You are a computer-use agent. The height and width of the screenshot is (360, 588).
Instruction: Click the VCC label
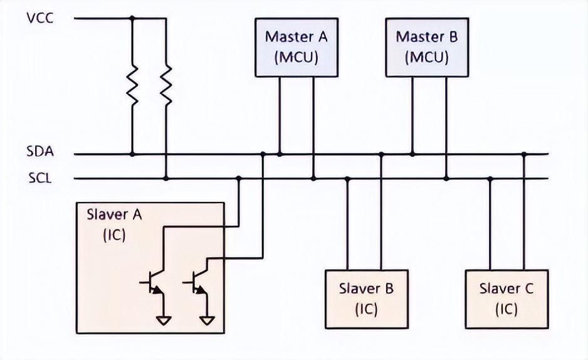[x=40, y=18]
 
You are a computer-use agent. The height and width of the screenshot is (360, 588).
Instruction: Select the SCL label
[x=39, y=178]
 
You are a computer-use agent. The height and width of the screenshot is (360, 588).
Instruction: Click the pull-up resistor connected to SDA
[x=132, y=88]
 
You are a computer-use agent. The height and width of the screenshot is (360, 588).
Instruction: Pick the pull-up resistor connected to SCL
[x=166, y=88]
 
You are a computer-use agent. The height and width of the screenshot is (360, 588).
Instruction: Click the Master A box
[x=296, y=46]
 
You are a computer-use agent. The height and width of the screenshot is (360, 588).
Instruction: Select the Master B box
[x=427, y=46]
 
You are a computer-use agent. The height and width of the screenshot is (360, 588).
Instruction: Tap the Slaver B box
[x=366, y=299]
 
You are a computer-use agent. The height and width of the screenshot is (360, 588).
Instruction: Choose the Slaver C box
[x=507, y=299]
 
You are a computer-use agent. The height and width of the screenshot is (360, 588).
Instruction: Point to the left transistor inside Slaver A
[x=155, y=285]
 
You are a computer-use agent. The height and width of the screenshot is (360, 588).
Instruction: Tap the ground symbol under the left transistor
[x=164, y=320]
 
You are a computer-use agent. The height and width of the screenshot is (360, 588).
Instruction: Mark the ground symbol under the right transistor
[x=207, y=320]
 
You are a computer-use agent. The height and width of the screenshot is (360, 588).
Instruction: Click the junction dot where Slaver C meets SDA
[x=524, y=154]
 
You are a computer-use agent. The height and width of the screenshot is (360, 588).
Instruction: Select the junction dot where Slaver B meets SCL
[x=347, y=179]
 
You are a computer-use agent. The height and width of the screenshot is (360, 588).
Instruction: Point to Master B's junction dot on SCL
[x=446, y=179]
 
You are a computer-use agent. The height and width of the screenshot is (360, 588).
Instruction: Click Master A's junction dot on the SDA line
[x=280, y=154]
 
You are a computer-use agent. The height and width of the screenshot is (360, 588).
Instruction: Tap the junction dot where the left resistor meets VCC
[x=132, y=18]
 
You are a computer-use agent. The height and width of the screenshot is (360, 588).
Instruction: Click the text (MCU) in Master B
[x=427, y=57]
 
